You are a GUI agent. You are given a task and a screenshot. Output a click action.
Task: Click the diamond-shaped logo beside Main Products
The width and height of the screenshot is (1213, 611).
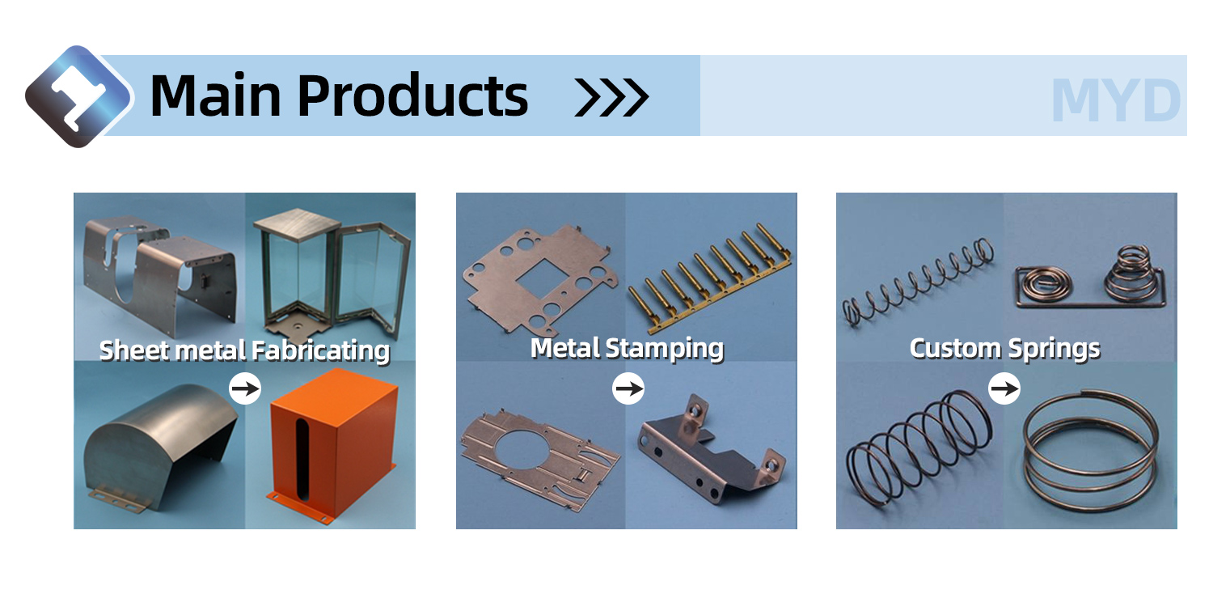pyautogui.click(x=78, y=96)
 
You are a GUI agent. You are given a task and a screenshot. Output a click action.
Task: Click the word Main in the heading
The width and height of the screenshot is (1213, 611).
pyautogui.click(x=216, y=95)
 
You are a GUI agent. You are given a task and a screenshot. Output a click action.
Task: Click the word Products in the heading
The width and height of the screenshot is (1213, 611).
pyautogui.click(x=412, y=95)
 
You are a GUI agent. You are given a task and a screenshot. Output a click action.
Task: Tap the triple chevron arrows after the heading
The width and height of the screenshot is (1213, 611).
pyautogui.click(x=611, y=98)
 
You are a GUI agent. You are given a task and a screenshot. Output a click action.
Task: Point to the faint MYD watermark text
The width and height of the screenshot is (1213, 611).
pyautogui.click(x=1115, y=100)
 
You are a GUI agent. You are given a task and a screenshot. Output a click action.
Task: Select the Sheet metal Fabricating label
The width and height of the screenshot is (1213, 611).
pyautogui.click(x=245, y=350)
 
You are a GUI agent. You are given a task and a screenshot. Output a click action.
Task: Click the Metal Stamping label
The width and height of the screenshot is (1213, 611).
pyautogui.click(x=627, y=349)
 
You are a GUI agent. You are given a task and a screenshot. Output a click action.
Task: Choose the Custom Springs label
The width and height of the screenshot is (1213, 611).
pyautogui.click(x=1005, y=349)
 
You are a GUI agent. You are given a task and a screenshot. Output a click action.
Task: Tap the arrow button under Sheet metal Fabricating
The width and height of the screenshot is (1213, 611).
pyautogui.click(x=245, y=388)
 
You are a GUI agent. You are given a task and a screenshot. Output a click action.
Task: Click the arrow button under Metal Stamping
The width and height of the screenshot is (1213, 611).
pyautogui.click(x=628, y=388)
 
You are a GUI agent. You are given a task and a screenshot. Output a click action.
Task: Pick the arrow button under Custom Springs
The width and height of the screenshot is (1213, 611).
pyautogui.click(x=1004, y=388)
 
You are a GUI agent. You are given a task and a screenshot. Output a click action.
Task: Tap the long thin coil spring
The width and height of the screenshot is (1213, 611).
pyautogui.click(x=918, y=282)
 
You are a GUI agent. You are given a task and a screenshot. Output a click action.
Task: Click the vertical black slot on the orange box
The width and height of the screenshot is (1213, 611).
pyautogui.click(x=302, y=459)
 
